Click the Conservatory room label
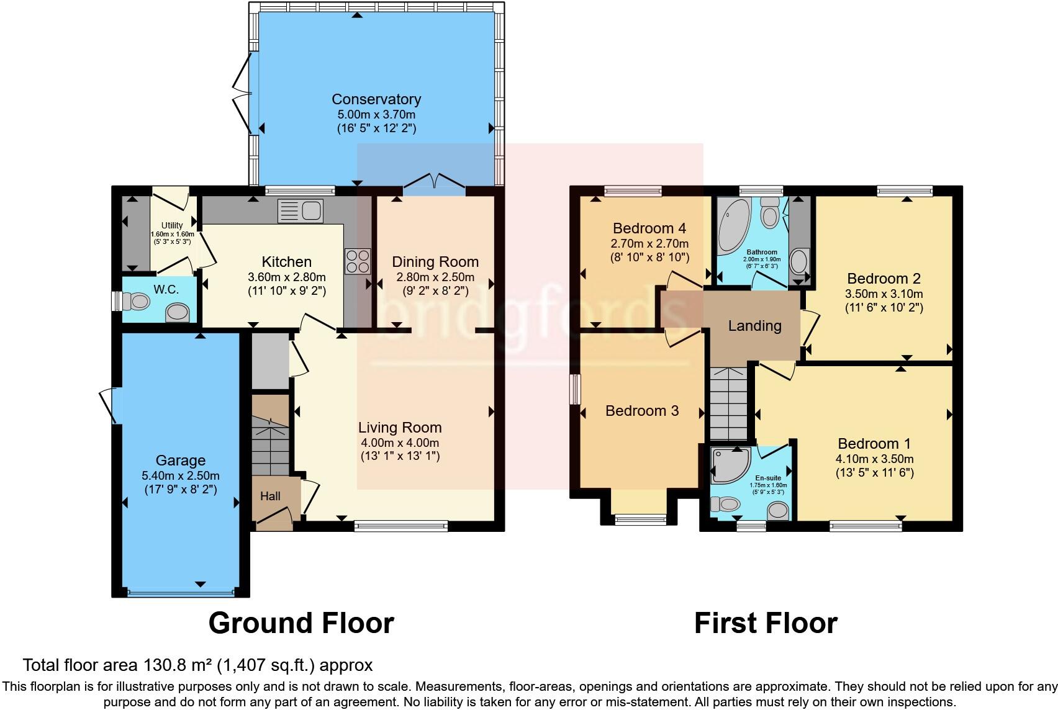click(x=376, y=99)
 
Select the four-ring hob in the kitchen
click(x=357, y=261)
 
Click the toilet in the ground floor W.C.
click(x=137, y=302)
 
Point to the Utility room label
click(x=172, y=225)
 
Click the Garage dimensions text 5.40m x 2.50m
click(x=180, y=476)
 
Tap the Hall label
click(x=270, y=496)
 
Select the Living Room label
click(x=400, y=428)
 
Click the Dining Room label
click(x=435, y=262)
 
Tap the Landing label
click(x=754, y=326)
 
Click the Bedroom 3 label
click(x=642, y=411)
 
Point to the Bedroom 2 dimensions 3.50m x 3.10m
click(x=884, y=294)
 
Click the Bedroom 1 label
click(x=874, y=444)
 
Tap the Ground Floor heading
click(x=301, y=622)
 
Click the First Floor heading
click(x=766, y=622)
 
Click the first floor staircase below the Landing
click(x=728, y=403)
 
